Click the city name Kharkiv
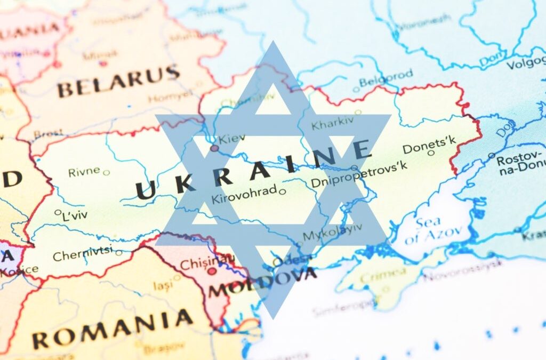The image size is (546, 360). [332, 124]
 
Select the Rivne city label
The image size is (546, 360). [84, 171]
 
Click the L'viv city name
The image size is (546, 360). [74, 214]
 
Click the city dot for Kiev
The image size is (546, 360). [214, 148]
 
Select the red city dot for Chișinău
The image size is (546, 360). [212, 271]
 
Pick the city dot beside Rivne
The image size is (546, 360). [106, 172]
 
